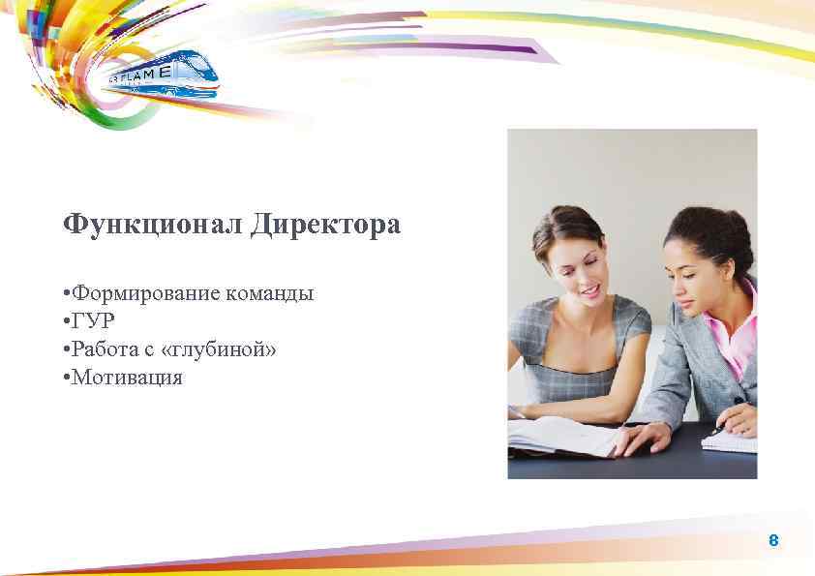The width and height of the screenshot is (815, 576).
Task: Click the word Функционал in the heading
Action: [152, 226]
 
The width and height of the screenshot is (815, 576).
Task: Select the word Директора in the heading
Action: [325, 226]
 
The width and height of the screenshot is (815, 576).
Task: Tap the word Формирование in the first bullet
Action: [146, 293]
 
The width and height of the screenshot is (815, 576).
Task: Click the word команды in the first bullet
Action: [270, 293]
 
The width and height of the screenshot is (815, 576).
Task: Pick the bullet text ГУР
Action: [94, 321]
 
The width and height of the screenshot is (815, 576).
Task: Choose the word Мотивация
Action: [127, 378]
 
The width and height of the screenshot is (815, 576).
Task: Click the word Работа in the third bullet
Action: [106, 349]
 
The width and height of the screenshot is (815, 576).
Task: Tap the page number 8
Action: [772, 540]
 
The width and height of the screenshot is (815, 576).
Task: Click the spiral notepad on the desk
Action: [729, 441]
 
